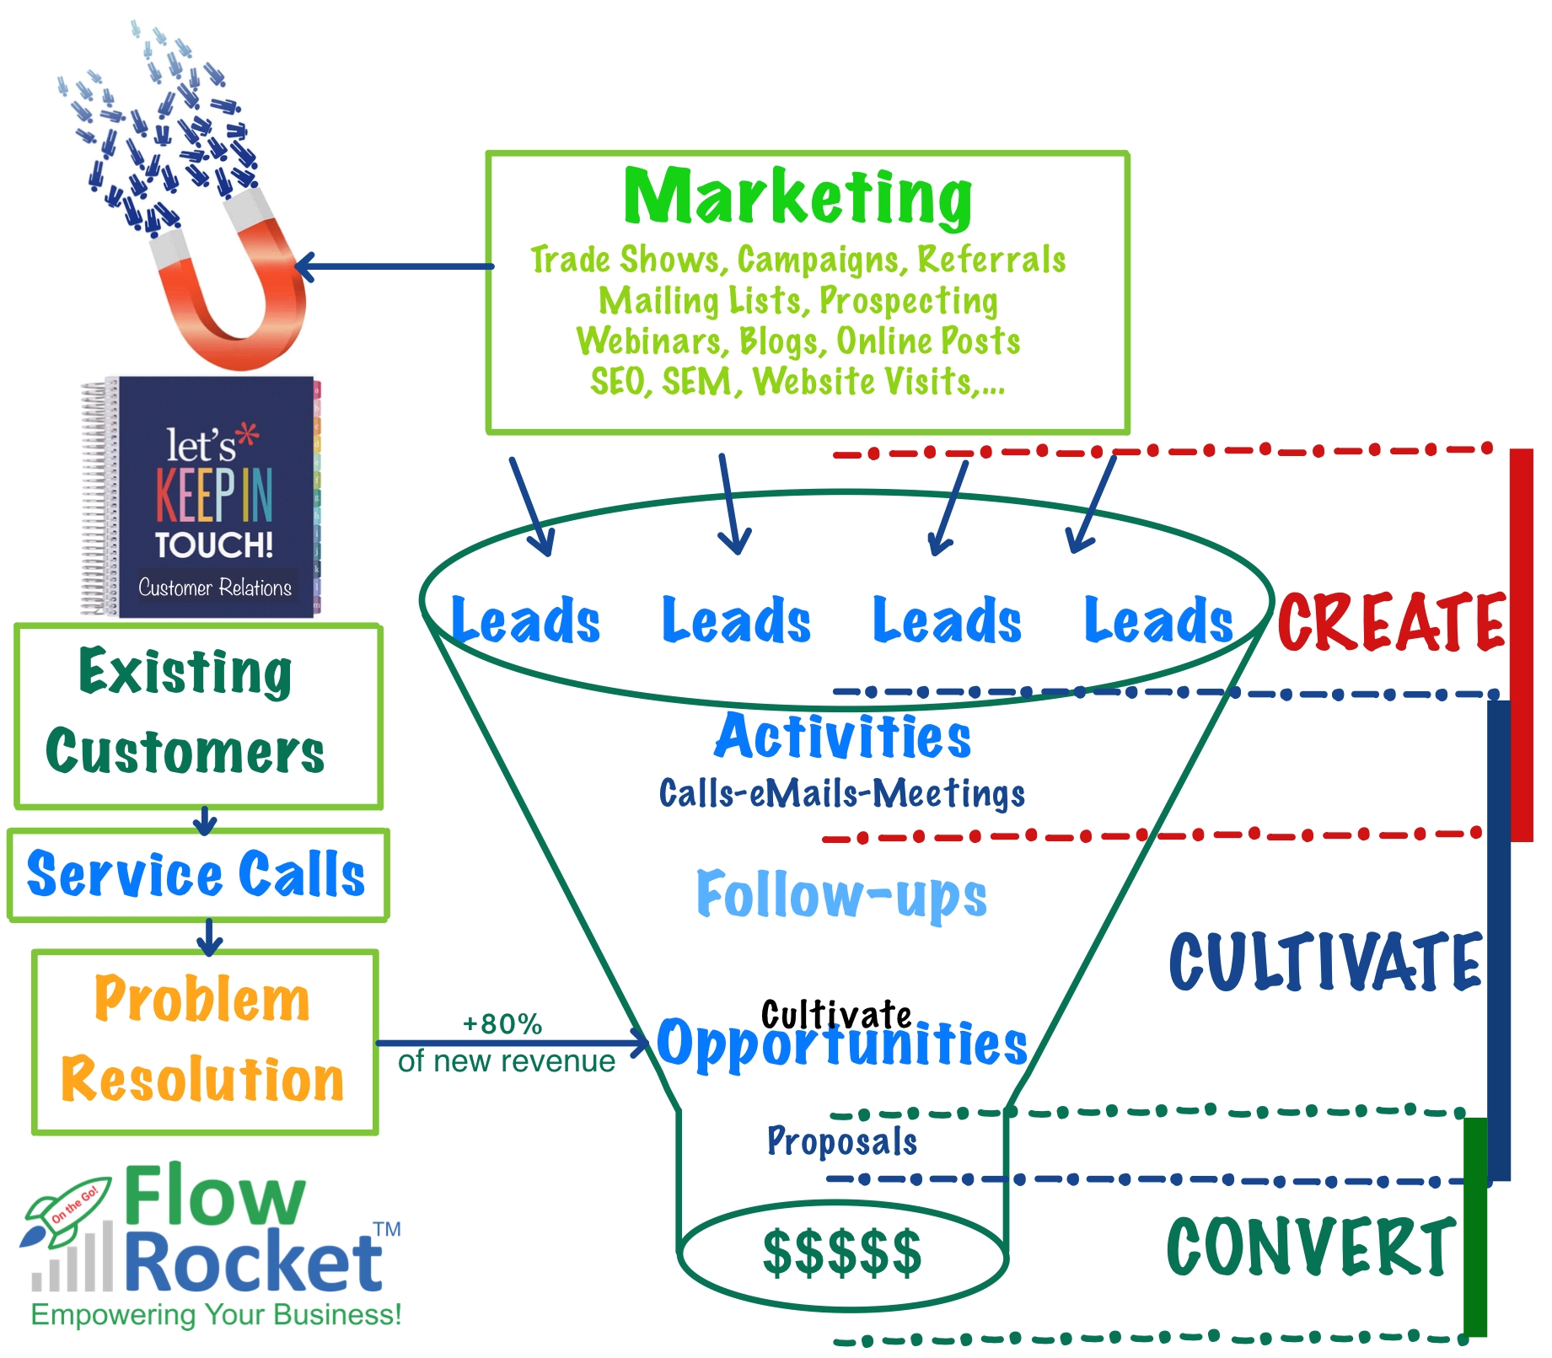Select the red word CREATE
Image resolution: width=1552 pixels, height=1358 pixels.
[1391, 623]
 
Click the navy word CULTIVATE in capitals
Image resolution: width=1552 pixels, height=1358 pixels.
[1324, 962]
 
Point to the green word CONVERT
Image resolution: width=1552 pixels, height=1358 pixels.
[1311, 1247]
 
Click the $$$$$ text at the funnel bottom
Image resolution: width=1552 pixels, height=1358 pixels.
[841, 1253]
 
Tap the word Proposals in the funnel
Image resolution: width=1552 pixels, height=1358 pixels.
[841, 1141]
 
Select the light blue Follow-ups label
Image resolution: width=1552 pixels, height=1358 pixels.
[841, 894]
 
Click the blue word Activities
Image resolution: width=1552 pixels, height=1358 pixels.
[843, 736]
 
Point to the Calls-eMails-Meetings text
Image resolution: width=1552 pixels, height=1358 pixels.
[841, 793]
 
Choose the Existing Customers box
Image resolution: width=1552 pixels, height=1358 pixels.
[198, 715]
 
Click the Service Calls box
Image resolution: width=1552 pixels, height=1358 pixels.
[198, 874]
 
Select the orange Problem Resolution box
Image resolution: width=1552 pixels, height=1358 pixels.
[204, 1041]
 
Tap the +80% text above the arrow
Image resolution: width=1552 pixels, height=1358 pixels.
[502, 1024]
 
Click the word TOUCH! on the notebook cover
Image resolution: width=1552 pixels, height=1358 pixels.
[214, 545]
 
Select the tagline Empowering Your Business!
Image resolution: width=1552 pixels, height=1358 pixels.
[216, 1314]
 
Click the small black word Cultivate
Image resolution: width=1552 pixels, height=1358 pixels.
[835, 1014]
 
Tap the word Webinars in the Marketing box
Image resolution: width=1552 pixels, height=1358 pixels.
[650, 341]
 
